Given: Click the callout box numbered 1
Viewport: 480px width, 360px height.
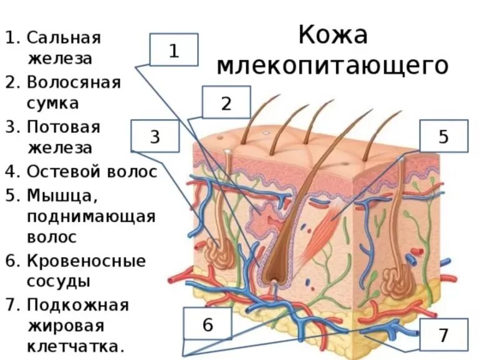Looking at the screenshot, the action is [174, 50].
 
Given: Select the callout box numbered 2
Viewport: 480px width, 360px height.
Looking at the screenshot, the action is [226, 103].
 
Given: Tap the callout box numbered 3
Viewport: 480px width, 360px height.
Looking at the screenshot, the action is [155, 135].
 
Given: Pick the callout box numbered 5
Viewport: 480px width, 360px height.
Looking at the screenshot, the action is [443, 137].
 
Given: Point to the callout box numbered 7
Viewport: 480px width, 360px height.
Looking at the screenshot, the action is [443, 334].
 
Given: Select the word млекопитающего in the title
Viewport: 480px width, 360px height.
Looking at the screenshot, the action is [333, 65].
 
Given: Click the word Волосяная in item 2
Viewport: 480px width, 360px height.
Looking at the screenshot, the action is [74, 82].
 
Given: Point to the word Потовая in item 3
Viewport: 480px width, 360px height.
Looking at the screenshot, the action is [64, 127].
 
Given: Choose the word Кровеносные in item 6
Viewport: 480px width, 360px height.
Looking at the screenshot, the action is [85, 260].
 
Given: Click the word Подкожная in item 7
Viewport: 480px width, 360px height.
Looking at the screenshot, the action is [77, 305].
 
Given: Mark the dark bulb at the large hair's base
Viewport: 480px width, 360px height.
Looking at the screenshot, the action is [273, 275].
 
